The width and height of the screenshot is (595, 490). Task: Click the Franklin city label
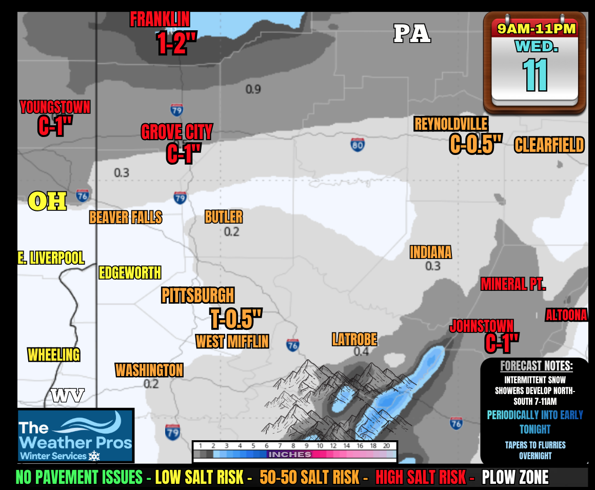(160, 19)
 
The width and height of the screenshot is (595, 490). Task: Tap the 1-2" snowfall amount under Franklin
(176, 45)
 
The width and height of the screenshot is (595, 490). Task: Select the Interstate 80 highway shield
(358, 144)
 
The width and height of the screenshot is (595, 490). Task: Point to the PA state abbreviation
(412, 34)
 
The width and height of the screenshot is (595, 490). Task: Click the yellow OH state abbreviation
(47, 202)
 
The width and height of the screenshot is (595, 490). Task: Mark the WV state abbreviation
(67, 395)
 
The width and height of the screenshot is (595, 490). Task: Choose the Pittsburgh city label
(197, 296)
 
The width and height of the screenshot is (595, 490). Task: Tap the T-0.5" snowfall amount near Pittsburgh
(236, 319)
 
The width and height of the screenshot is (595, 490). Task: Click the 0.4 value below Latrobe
(361, 351)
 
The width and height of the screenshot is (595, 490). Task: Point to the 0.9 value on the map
(253, 89)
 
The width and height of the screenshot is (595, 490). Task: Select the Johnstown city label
(481, 326)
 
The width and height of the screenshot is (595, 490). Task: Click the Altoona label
(566, 315)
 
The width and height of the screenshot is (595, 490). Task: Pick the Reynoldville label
(451, 124)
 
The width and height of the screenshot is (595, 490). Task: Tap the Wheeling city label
(54, 355)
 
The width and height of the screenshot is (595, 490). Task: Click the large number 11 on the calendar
(535, 75)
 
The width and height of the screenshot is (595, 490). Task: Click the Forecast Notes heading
(536, 366)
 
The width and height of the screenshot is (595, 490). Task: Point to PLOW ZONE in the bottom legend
(515, 478)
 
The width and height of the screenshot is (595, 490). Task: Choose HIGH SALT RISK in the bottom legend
(424, 478)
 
